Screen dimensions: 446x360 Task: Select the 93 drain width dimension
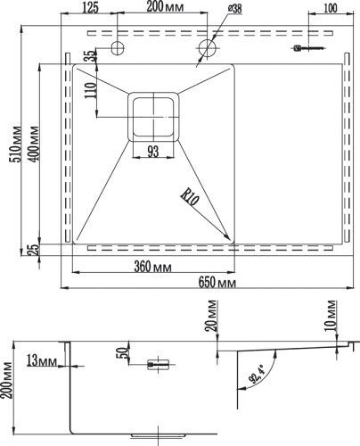tap(154, 152)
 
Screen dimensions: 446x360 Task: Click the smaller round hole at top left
tap(118, 46)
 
